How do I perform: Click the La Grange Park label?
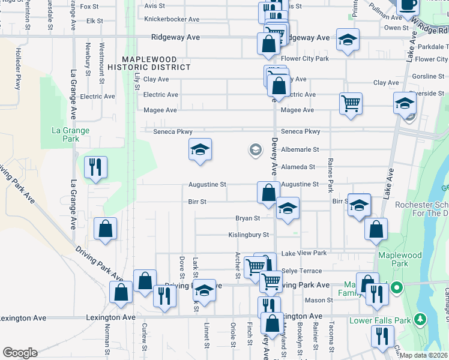(70, 134)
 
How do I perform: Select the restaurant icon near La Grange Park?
(95, 167)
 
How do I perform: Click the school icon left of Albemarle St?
(200, 149)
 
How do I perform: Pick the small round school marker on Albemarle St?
(255, 149)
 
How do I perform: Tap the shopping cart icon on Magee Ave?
(351, 103)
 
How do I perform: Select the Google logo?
(20, 353)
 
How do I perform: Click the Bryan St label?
(247, 218)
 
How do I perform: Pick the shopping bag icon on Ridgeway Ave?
(268, 43)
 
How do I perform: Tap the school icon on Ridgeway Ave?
(348, 40)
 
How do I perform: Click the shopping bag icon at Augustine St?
(268, 192)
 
